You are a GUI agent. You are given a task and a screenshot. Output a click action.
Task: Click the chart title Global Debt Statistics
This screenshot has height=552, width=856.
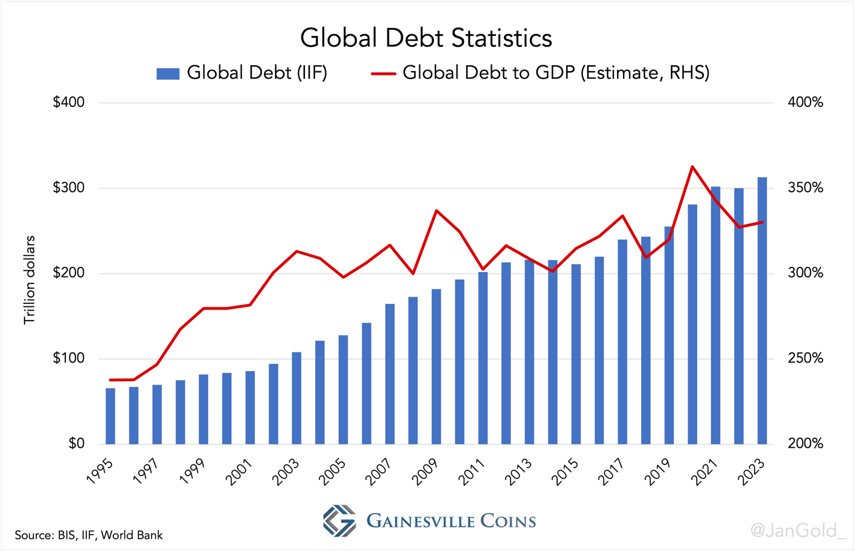(426, 38)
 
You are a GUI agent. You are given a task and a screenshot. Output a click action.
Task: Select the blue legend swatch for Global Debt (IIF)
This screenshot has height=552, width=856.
(168, 74)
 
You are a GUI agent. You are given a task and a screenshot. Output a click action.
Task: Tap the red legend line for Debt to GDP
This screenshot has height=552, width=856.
(383, 74)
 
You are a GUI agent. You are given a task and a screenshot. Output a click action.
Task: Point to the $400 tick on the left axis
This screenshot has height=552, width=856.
(69, 102)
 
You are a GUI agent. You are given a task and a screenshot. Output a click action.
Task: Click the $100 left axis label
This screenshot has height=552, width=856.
(69, 359)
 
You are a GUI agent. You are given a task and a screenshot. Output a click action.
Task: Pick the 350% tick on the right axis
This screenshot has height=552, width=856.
(805, 188)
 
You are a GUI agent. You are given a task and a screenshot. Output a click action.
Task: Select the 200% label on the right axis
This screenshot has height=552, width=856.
(805, 444)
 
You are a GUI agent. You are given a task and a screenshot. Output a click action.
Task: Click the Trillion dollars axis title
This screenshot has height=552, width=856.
(29, 280)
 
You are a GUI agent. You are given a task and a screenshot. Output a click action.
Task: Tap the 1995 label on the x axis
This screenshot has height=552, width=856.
(101, 472)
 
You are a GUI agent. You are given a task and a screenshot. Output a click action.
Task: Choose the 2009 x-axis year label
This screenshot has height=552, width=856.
(427, 472)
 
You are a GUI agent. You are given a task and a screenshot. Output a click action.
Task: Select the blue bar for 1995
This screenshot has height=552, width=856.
(110, 416)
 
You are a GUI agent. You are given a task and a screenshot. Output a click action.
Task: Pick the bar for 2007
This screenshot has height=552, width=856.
(390, 374)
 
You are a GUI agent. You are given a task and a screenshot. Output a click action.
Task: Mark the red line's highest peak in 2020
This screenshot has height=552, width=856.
(692, 167)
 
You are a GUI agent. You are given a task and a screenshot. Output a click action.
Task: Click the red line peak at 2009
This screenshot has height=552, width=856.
(436, 210)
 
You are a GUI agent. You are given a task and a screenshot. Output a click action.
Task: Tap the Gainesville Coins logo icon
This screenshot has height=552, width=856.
(339, 520)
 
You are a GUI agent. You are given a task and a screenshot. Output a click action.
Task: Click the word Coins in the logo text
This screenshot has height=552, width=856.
(508, 521)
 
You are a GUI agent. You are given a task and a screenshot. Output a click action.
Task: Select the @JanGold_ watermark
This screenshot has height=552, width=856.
(798, 530)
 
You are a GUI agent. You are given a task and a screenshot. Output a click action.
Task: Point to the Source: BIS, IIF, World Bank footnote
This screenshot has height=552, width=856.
(89, 535)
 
